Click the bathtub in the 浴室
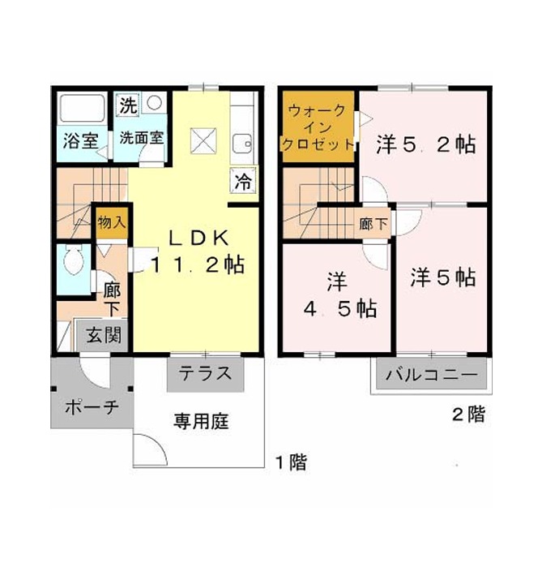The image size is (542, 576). point(83,108)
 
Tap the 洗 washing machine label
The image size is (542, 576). point(129,105)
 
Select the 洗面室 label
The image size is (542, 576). point(142,138)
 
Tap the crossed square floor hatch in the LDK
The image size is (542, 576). point(203,140)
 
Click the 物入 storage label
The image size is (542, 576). point(112,222)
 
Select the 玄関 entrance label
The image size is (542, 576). point(104,335)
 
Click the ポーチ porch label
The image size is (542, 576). point(92,406)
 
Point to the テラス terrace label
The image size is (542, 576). point(205,374)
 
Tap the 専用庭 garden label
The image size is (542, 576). point(201,421)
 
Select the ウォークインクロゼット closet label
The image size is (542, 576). point(318,127)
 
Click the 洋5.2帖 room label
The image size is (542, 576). point(426,144)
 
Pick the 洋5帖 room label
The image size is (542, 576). point(443,277)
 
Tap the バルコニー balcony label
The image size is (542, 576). point(432,375)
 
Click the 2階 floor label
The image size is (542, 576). point(468,415)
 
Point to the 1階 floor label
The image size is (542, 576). point(291,462)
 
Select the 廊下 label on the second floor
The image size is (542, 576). point(373,224)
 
